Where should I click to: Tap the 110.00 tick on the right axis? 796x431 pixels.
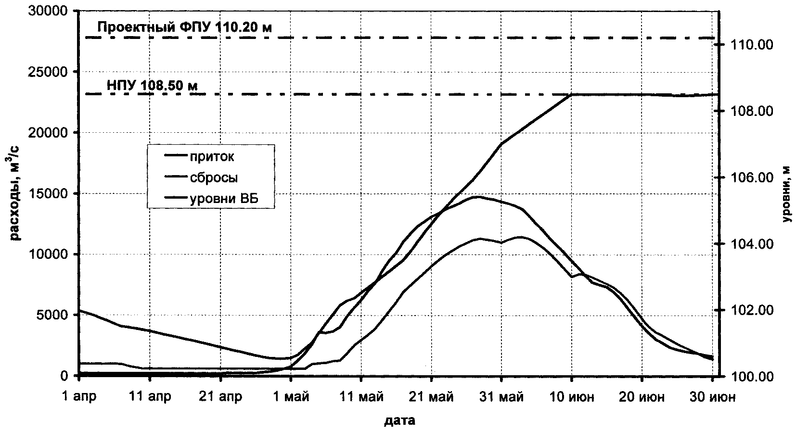pyautogui.click(x=752, y=45)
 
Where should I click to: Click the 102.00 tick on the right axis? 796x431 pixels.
pyautogui.click(x=752, y=310)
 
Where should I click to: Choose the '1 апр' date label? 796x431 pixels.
pyautogui.click(x=80, y=397)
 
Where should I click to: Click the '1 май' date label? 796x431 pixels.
pyautogui.click(x=291, y=397)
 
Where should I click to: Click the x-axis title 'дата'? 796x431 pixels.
pyautogui.click(x=399, y=421)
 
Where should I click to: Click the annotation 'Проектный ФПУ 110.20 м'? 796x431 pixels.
pyautogui.click(x=184, y=27)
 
